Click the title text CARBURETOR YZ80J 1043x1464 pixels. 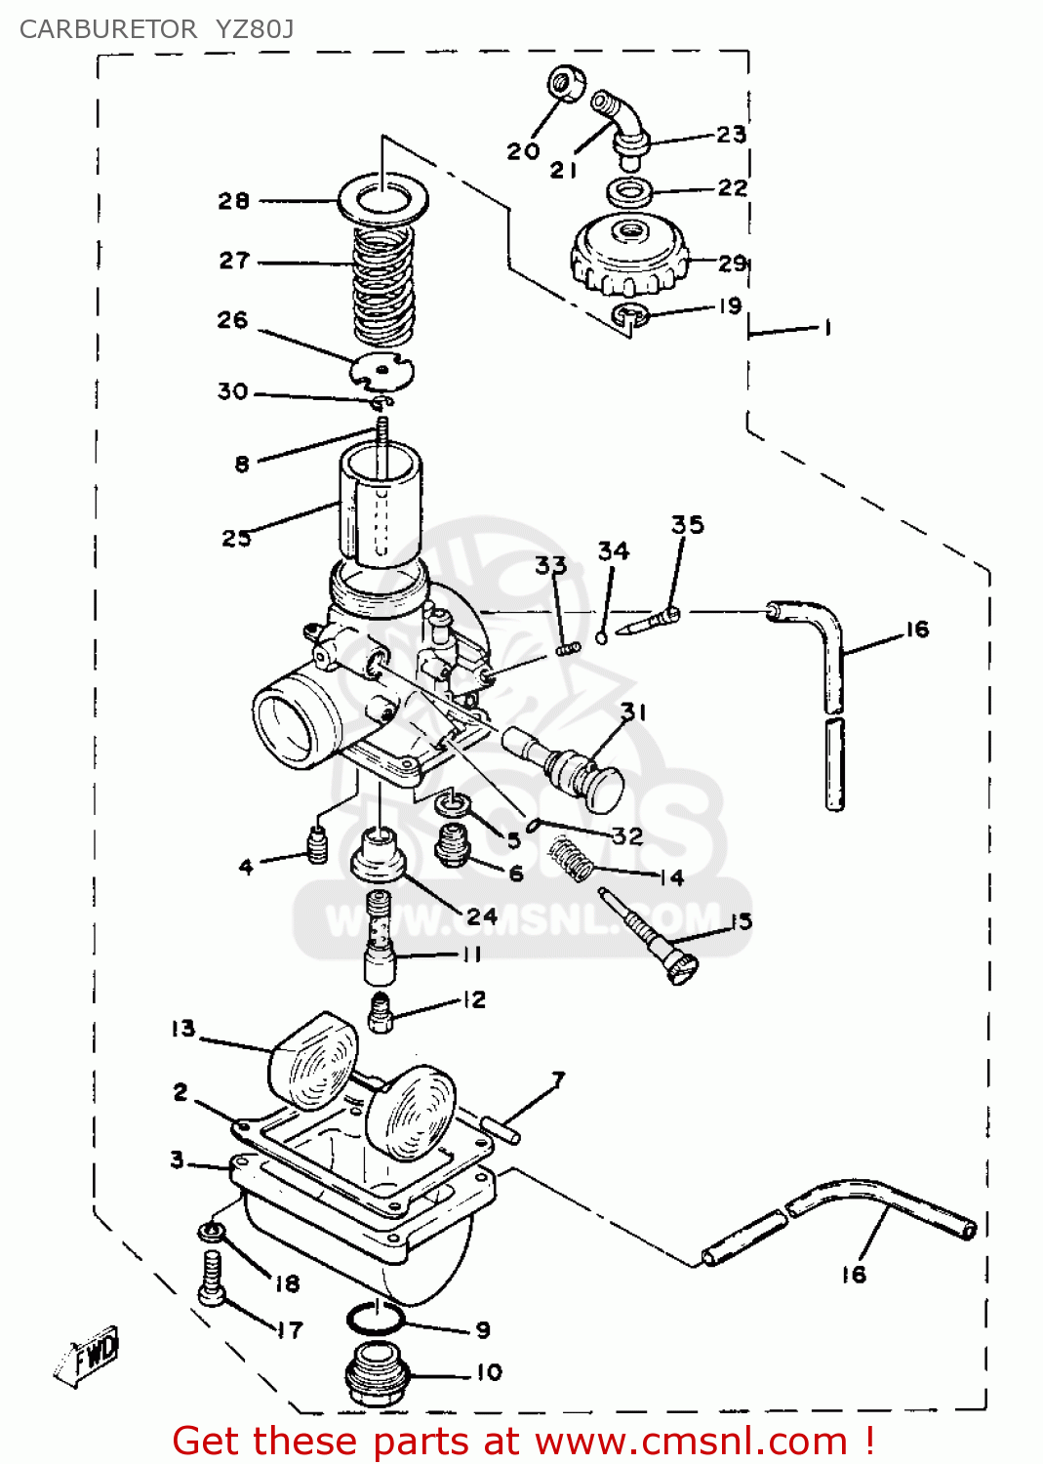click(156, 29)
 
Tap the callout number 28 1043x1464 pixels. click(234, 201)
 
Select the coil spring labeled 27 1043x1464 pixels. click(383, 283)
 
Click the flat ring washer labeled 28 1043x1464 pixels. click(382, 201)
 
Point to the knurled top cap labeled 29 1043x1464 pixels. click(629, 256)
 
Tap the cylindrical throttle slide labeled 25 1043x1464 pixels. click(381, 508)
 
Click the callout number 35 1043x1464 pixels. click(687, 525)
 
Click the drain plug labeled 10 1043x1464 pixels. click(376, 1374)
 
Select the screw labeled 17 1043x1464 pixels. click(211, 1279)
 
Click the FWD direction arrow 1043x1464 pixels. click(88, 1357)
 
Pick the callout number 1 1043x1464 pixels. click(827, 328)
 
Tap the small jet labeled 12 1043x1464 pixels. click(381, 1012)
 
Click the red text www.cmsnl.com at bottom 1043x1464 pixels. click(691, 1441)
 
